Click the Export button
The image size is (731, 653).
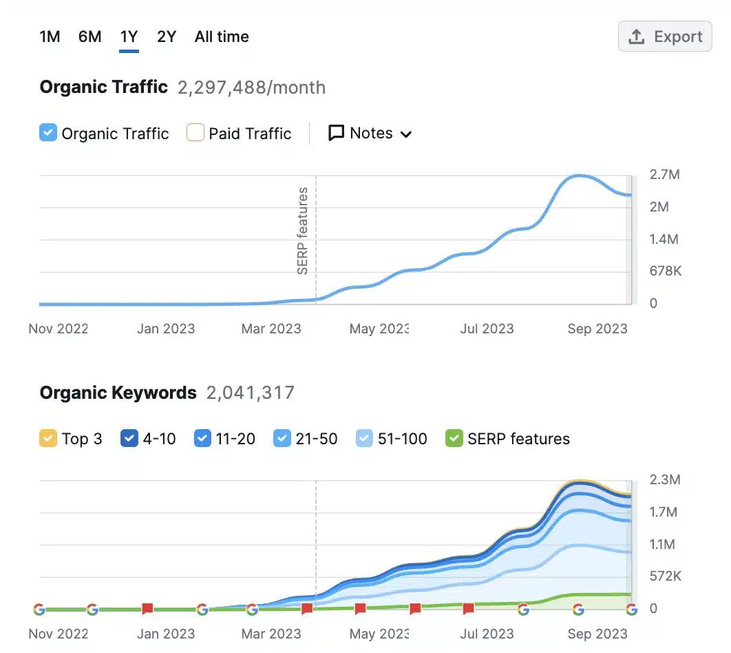pyautogui.click(x=665, y=37)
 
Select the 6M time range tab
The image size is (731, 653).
pyautogui.click(x=89, y=37)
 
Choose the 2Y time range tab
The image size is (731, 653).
pyautogui.click(x=167, y=37)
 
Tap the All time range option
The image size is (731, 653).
pyautogui.click(x=222, y=37)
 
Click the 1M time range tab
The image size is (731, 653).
pyautogui.click(x=50, y=37)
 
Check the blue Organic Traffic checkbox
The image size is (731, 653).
pyautogui.click(x=48, y=133)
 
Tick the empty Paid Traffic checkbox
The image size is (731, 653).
pyautogui.click(x=195, y=133)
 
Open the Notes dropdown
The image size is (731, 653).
pyautogui.click(x=370, y=133)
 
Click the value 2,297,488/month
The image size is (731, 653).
pyautogui.click(x=251, y=87)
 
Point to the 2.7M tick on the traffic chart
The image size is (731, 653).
pyautogui.click(x=664, y=175)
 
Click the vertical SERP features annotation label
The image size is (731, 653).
pyautogui.click(x=303, y=231)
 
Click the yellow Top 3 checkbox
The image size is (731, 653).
pyautogui.click(x=48, y=439)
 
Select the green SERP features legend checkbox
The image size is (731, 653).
pyautogui.click(x=454, y=439)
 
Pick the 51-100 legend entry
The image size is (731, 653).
pyautogui.click(x=392, y=439)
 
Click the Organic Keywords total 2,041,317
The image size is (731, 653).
pyautogui.click(x=251, y=393)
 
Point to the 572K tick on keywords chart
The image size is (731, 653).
pyautogui.click(x=666, y=577)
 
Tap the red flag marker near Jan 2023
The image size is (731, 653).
pyautogui.click(x=147, y=609)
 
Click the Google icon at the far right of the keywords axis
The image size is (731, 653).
pyautogui.click(x=631, y=609)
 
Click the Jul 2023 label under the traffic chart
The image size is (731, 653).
pyautogui.click(x=487, y=329)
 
